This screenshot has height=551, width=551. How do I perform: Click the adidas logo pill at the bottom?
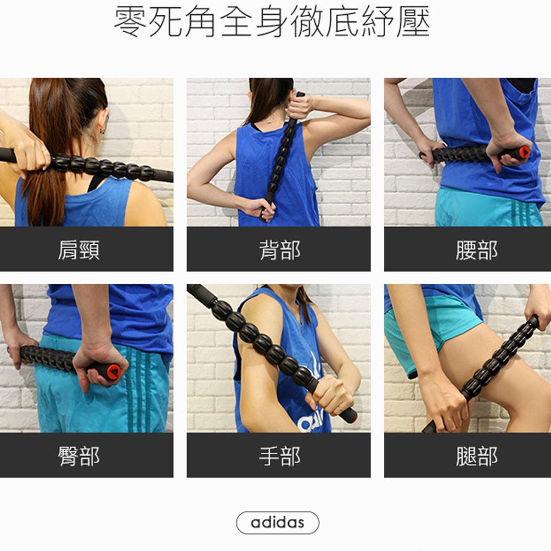pyautogui.click(x=277, y=523)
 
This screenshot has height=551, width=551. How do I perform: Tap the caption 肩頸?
pyautogui.click(x=79, y=250)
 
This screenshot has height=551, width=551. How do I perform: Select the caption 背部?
pyautogui.click(x=280, y=250)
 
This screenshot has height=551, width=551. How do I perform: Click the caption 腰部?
pyautogui.click(x=477, y=250)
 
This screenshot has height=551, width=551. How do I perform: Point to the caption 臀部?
pyautogui.click(x=79, y=456)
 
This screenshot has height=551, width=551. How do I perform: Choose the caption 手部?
pyautogui.click(x=280, y=456)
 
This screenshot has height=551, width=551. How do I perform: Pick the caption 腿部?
pyautogui.click(x=477, y=456)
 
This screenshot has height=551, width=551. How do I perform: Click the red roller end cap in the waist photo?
pyautogui.click(x=524, y=152)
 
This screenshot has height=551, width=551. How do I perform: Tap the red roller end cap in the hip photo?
pyautogui.click(x=114, y=372)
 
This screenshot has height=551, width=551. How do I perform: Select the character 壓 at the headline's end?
pyautogui.click(x=413, y=22)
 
